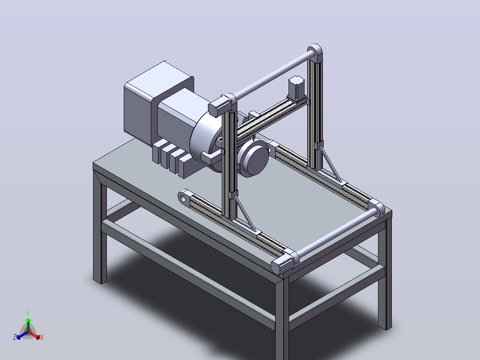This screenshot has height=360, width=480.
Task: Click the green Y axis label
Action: point(28,313)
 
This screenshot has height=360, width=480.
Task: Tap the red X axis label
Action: point(42,337)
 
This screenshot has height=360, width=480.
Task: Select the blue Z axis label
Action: point(15,337)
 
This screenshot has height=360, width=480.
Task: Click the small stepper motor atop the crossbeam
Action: point(297,88)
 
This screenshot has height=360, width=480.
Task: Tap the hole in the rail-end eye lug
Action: point(183,198)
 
